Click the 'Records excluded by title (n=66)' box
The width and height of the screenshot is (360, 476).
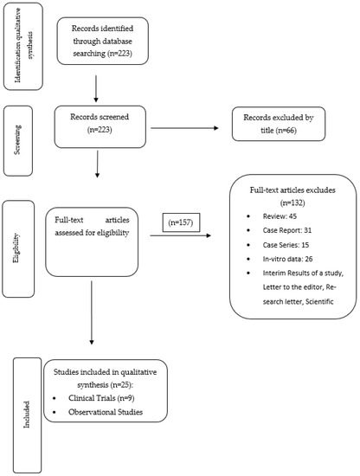pos(282,130)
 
